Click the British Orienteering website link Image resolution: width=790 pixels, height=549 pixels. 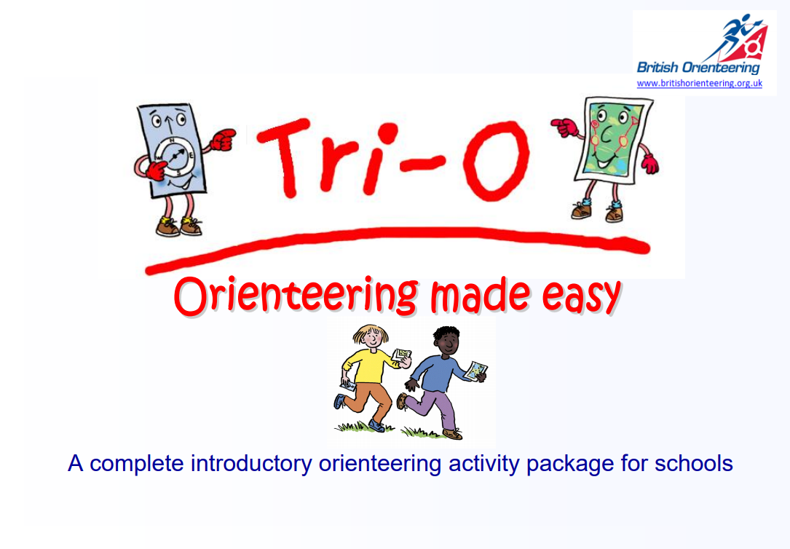click(699, 84)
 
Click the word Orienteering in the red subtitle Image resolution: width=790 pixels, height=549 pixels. click(295, 296)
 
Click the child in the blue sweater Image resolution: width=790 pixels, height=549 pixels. click(439, 382)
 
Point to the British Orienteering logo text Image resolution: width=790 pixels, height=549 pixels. click(698, 68)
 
